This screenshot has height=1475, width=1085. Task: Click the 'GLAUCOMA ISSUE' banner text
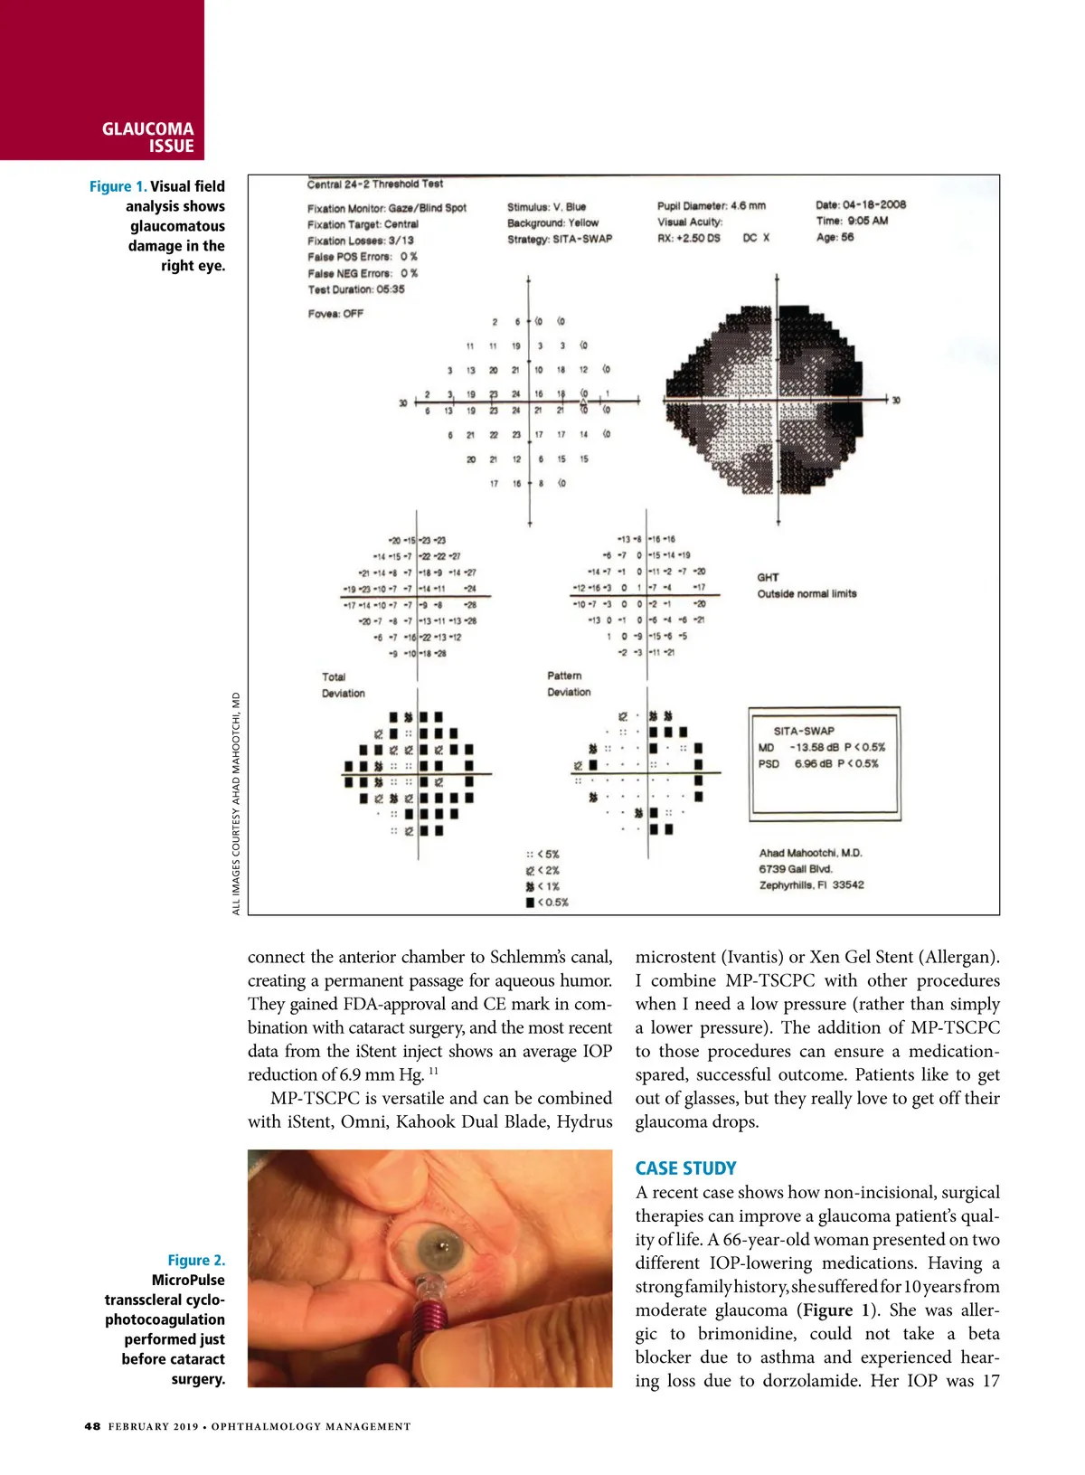147,137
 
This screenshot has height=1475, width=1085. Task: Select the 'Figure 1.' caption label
118,186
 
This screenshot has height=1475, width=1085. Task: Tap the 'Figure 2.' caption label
196,1260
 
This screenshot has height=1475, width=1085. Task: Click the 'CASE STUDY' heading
685,1168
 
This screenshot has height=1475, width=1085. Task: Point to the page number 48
92,1426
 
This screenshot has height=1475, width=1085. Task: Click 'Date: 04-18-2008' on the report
860,205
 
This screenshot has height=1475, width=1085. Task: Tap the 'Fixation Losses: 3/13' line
361,241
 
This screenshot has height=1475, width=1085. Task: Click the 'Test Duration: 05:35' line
356,289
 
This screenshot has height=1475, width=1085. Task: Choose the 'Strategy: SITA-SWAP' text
559,239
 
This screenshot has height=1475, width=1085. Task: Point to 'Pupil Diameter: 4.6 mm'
711,205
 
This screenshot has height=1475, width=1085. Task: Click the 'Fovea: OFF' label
335,314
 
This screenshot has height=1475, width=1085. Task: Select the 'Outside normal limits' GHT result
807,594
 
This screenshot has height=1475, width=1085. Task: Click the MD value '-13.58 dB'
814,747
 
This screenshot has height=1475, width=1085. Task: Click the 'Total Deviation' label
343,685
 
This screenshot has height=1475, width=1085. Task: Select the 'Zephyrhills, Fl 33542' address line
811,885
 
